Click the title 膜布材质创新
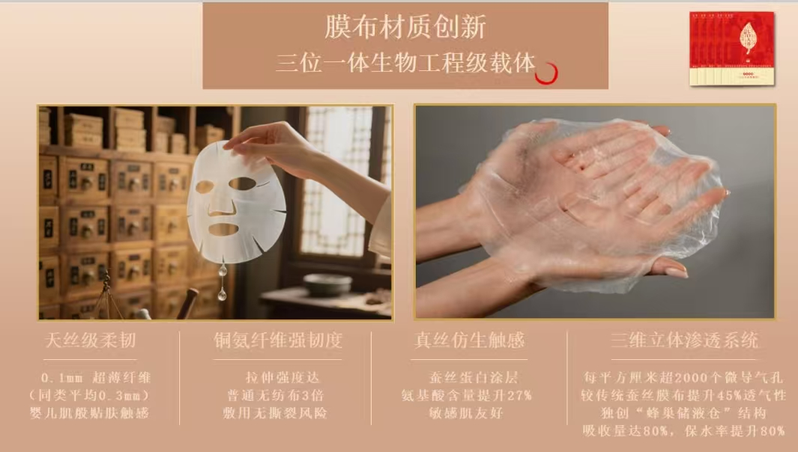405,27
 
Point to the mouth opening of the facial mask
223,229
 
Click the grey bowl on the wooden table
327,284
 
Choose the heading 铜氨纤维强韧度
278,341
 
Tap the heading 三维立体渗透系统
684,341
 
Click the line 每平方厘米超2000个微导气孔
683,378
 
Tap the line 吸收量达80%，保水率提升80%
683,431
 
